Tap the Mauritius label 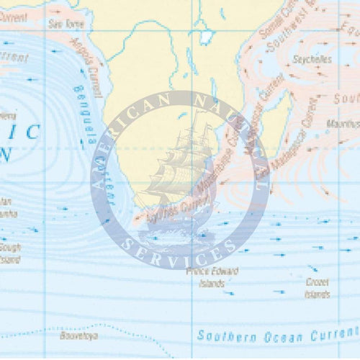click(343, 124)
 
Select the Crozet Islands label click(318, 289)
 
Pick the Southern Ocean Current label click(277, 335)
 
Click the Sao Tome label click(61, 24)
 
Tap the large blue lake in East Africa click(207, 36)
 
